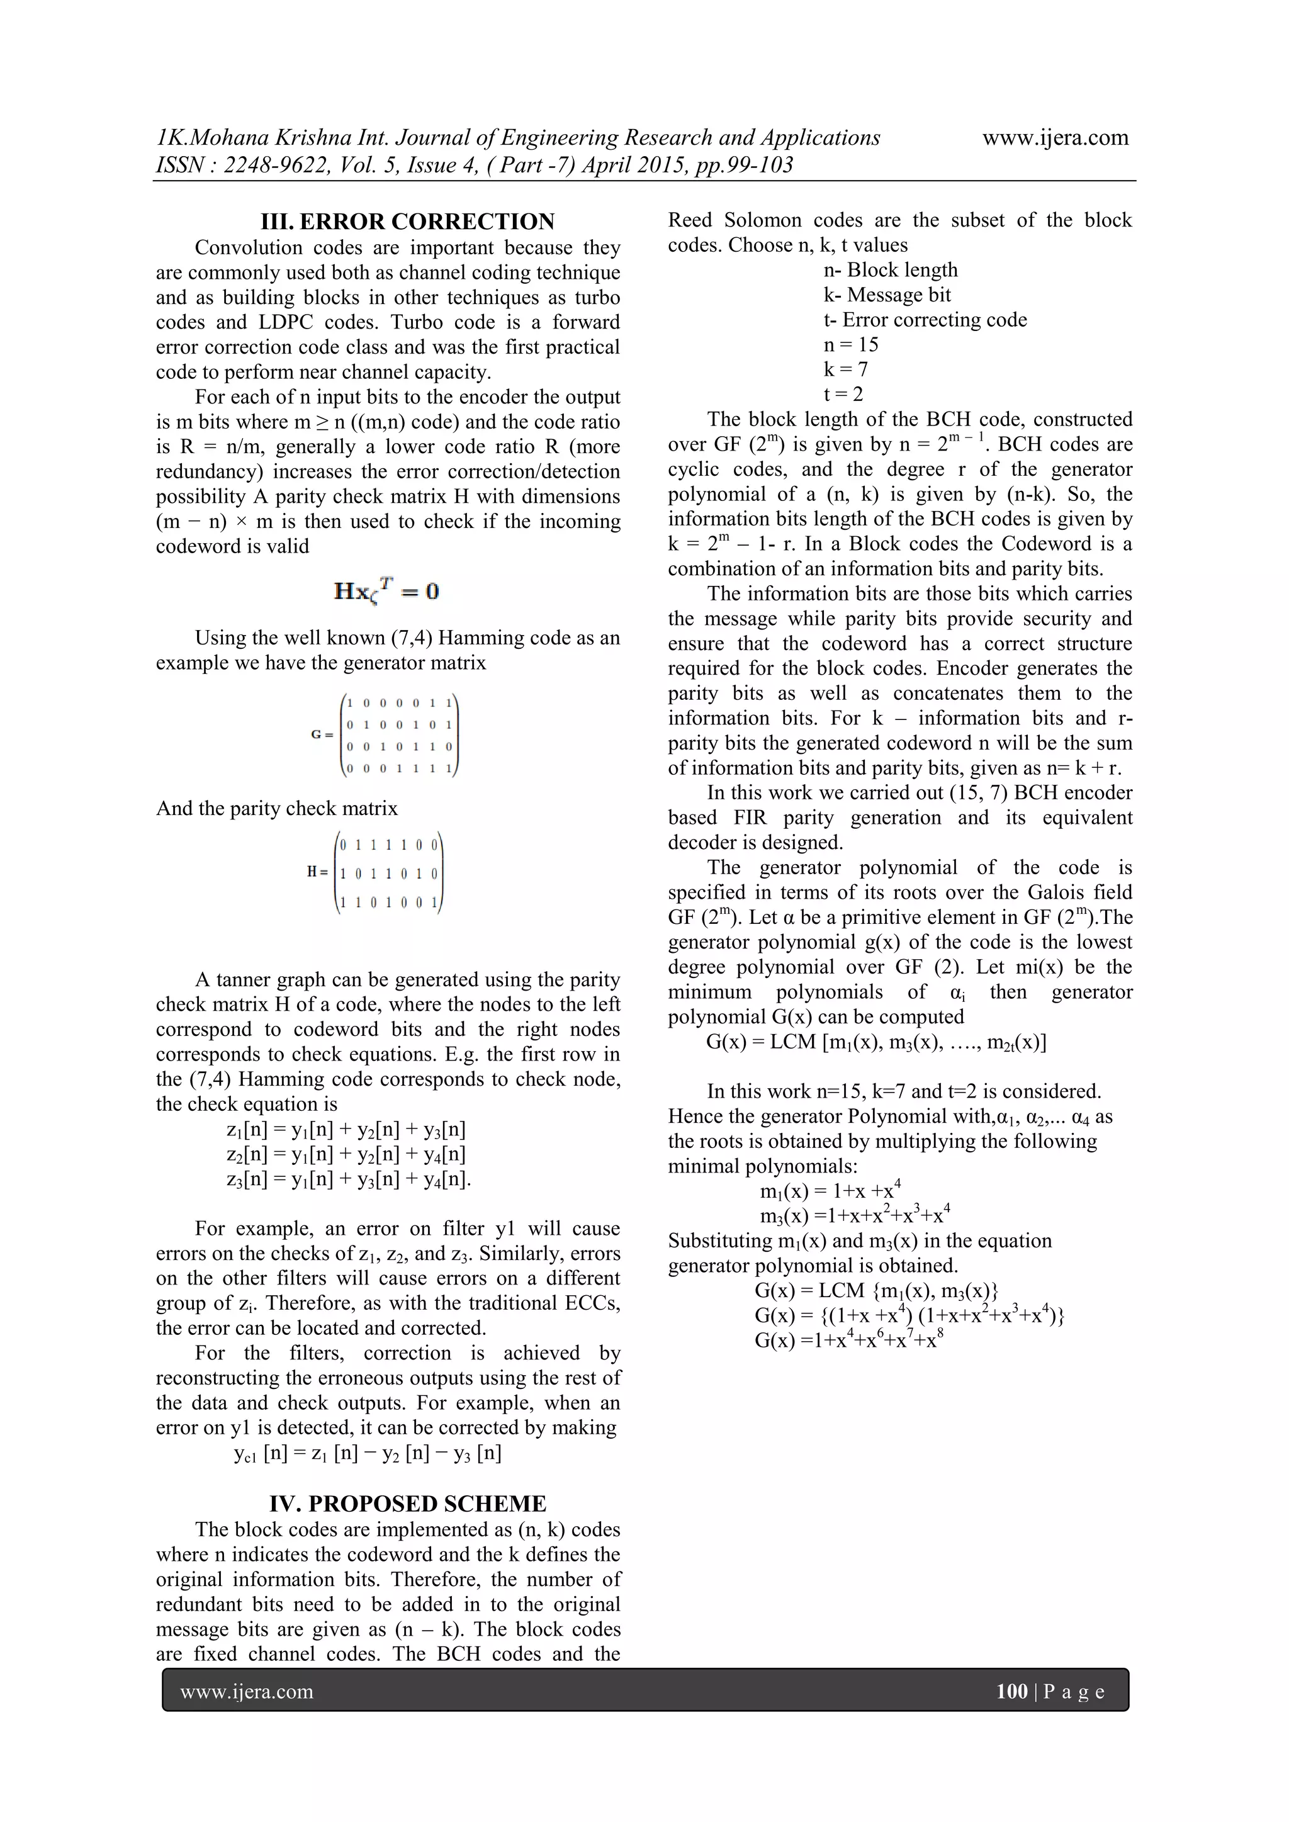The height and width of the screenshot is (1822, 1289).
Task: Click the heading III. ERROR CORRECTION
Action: (408, 222)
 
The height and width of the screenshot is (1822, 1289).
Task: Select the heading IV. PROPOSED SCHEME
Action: (408, 1504)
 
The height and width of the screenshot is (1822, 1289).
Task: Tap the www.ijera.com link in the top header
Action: (1055, 138)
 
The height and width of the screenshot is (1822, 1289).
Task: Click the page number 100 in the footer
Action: (1011, 1691)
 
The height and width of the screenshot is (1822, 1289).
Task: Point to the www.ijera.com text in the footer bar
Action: (247, 1691)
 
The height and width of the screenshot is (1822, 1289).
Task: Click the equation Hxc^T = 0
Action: (386, 591)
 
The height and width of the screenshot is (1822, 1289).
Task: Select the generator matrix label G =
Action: (322, 735)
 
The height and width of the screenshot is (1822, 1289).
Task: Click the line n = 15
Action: (851, 344)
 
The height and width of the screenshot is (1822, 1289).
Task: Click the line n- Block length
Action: (890, 270)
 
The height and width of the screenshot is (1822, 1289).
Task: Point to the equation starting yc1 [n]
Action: (368, 1453)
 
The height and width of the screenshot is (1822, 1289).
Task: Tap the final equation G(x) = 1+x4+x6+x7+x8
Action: (848, 1339)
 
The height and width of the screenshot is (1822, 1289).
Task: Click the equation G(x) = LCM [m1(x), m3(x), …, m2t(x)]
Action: (875, 1042)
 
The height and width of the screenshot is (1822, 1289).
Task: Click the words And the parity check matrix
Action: (277, 809)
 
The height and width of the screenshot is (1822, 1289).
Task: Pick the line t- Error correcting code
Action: (925, 320)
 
